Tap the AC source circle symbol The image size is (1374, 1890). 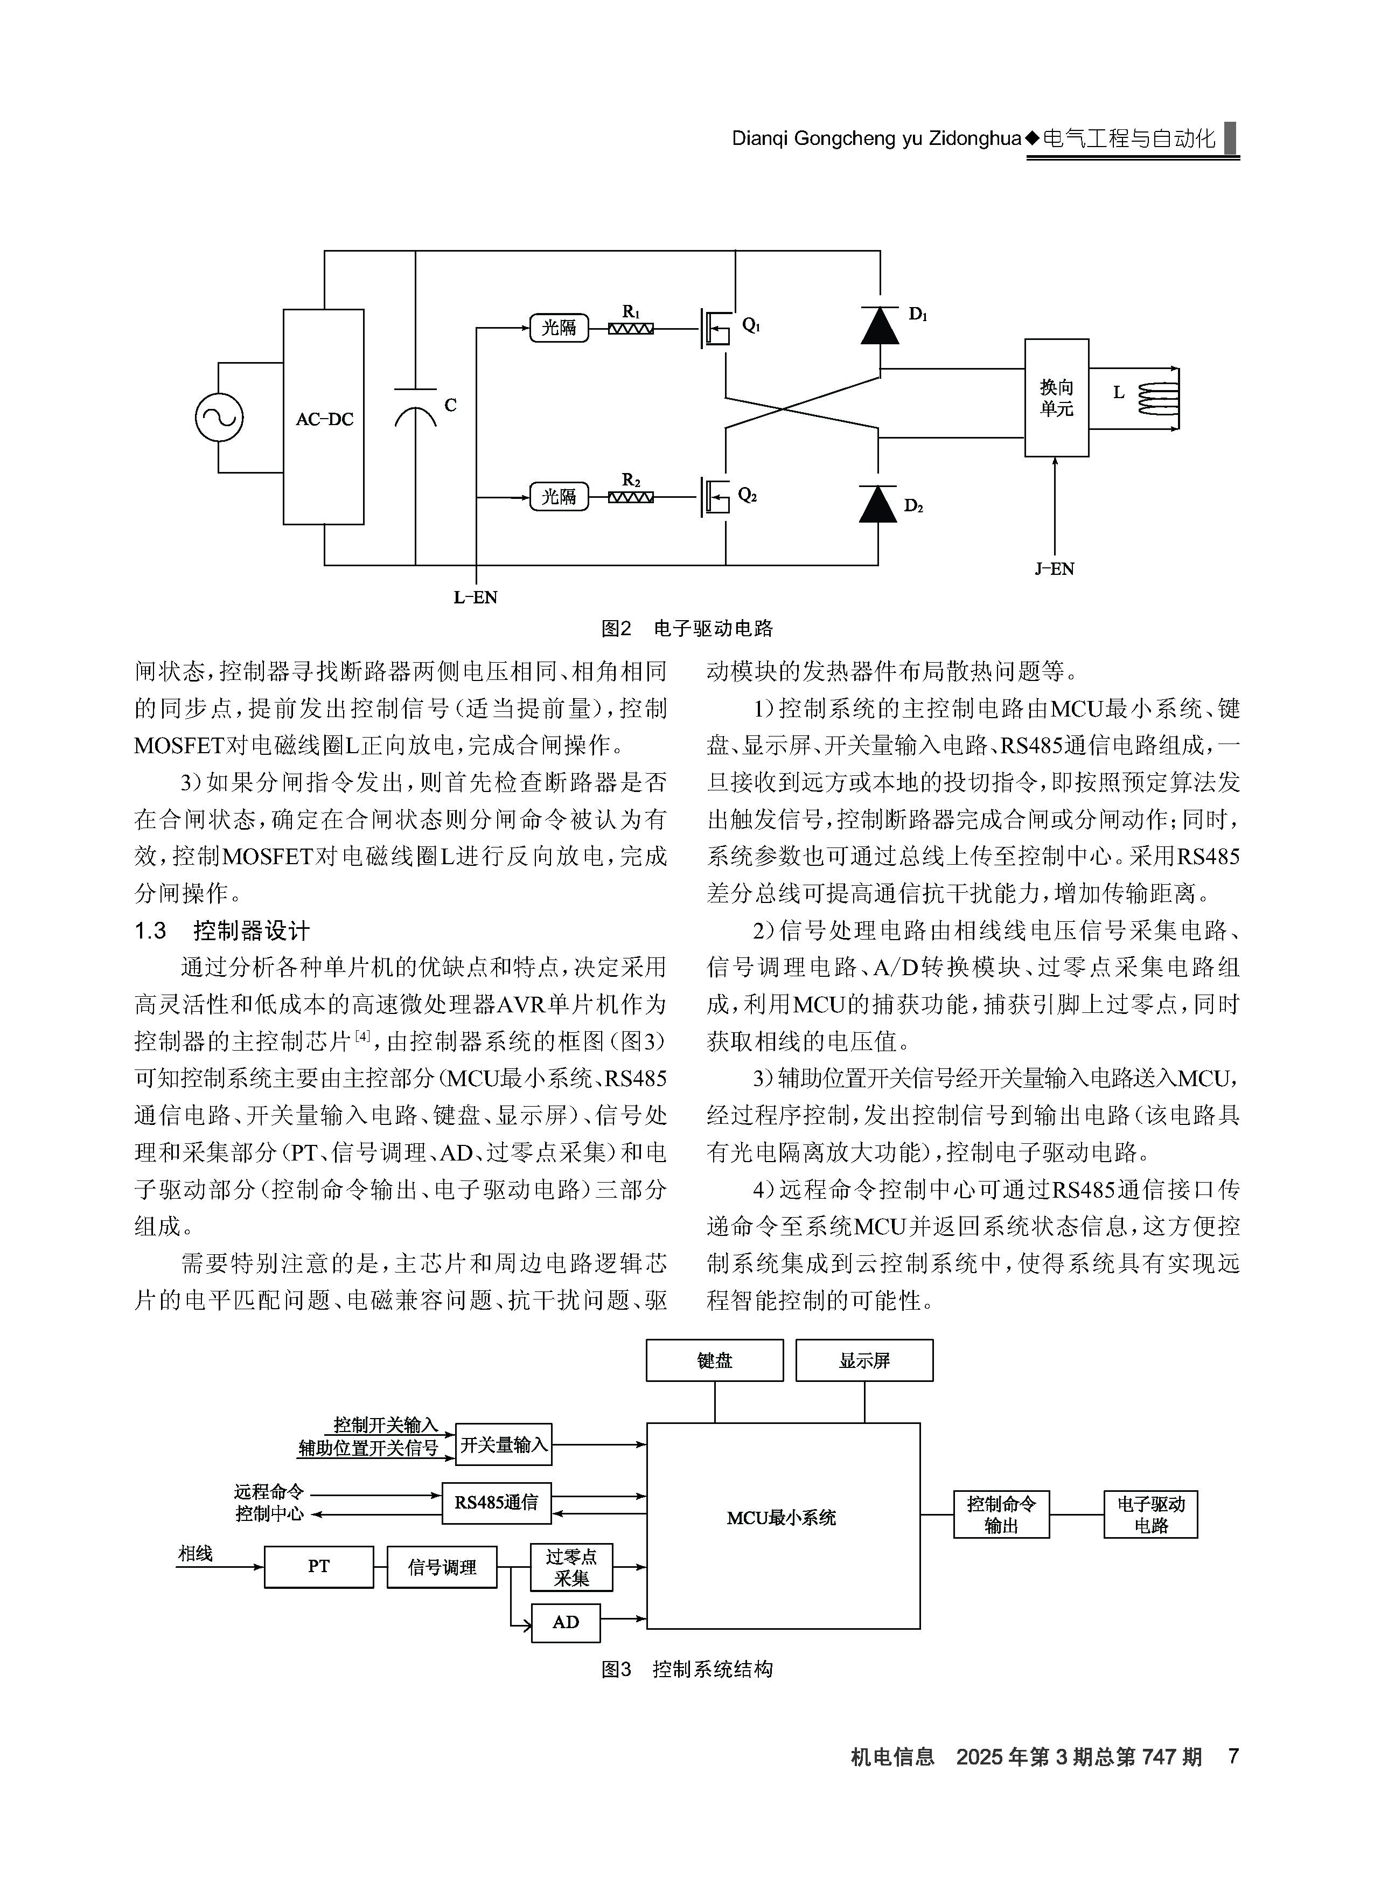coord(219,416)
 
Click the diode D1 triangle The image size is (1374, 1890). coord(879,324)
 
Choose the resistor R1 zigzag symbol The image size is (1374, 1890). coord(631,328)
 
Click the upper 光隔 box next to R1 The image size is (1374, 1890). coord(559,328)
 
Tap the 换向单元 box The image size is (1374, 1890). coord(1057,398)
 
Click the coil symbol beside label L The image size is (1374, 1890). coord(1158,398)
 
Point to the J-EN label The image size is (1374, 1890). coord(1055,569)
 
